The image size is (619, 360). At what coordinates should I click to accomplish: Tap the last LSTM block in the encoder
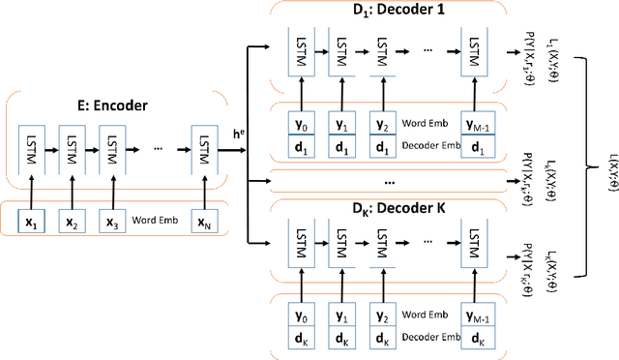click(204, 151)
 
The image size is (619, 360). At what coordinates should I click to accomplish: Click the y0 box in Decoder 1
click(300, 125)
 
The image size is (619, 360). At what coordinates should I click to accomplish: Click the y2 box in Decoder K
click(383, 317)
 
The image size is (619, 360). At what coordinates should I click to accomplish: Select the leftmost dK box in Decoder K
click(300, 339)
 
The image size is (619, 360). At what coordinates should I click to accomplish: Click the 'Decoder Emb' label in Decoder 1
click(430, 146)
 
